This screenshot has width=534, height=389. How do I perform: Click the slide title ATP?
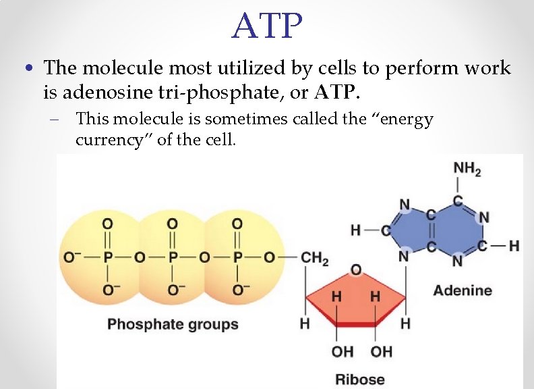pyautogui.click(x=267, y=26)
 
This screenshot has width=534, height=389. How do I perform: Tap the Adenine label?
pyautogui.click(x=462, y=290)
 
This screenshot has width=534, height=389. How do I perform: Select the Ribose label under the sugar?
pyautogui.click(x=360, y=379)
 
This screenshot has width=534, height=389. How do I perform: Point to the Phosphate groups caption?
pyautogui.click(x=173, y=324)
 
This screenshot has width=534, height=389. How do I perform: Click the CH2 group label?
pyautogui.click(x=314, y=259)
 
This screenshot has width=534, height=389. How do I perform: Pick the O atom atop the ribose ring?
pyautogui.click(x=356, y=269)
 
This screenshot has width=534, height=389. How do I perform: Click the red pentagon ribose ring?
pyautogui.click(x=356, y=301)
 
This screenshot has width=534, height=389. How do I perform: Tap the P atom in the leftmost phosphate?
pyautogui.click(x=107, y=259)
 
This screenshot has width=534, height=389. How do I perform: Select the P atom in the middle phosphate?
pyautogui.click(x=173, y=259)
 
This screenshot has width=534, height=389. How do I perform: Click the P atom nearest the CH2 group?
pyautogui.click(x=237, y=259)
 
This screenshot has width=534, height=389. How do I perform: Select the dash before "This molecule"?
pyautogui.click(x=54, y=120)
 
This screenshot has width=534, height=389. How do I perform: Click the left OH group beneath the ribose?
pyautogui.click(x=342, y=352)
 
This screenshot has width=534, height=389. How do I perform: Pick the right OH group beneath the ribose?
pyautogui.click(x=382, y=352)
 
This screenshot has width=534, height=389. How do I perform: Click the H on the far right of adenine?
pyautogui.click(x=514, y=246)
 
